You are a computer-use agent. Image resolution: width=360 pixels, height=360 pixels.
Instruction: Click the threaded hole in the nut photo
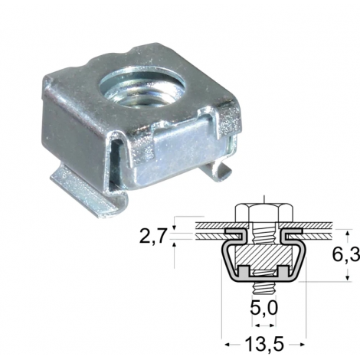coord(144,87)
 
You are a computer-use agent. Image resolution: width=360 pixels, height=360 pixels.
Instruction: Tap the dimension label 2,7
coord(153,236)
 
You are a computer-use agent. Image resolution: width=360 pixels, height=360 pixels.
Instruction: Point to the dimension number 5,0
coord(263,309)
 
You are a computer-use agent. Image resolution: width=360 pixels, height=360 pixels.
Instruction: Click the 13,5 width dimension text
coord(264,344)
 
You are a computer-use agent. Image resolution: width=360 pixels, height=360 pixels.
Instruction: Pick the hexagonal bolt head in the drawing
coord(264,213)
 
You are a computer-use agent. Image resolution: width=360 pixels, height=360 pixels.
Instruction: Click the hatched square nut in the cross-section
coord(263,257)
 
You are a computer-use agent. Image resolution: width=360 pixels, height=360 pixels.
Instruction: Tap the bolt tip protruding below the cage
coord(264,288)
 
